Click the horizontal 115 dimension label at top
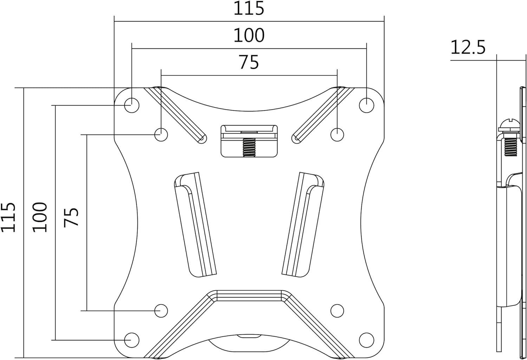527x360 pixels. (x=249, y=9)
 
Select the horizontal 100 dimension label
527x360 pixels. (x=249, y=36)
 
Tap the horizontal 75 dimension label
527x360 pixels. (x=249, y=62)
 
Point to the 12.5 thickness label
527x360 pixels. (x=468, y=47)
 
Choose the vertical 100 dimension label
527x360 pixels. (x=40, y=217)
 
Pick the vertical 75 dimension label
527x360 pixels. (x=71, y=217)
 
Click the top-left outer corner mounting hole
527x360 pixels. (x=132, y=105)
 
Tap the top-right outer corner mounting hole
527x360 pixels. (x=366, y=105)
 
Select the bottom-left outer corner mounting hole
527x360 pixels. (x=132, y=340)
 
